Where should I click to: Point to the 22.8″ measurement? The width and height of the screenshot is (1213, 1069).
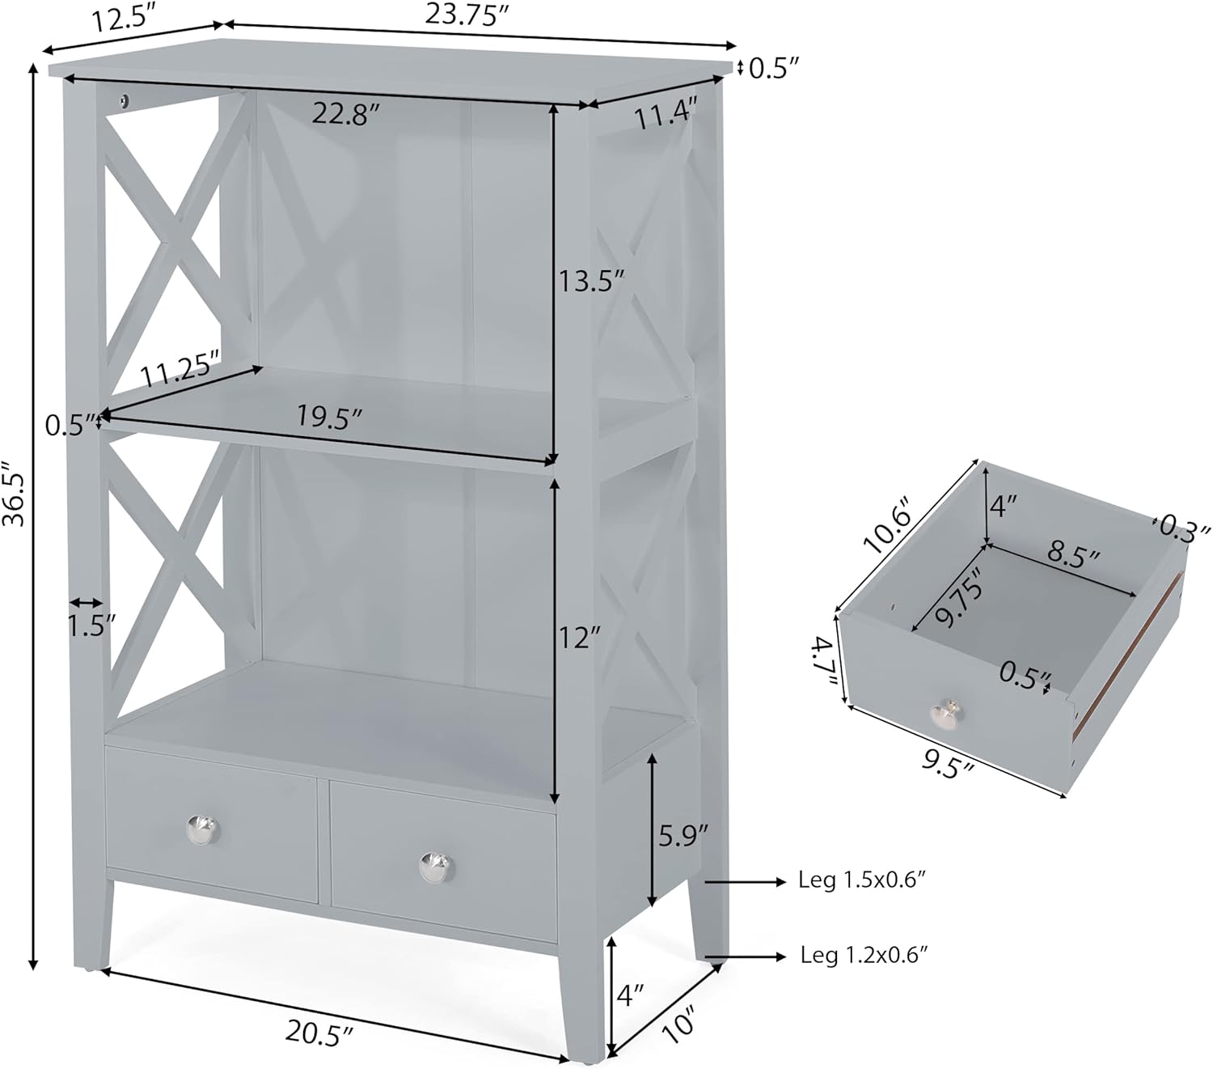pyautogui.click(x=346, y=114)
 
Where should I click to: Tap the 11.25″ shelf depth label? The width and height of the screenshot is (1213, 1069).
pyautogui.click(x=180, y=371)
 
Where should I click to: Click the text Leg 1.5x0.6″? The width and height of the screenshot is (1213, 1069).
pyautogui.click(x=861, y=881)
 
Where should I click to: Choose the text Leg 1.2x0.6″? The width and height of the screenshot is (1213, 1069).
pyautogui.click(x=863, y=956)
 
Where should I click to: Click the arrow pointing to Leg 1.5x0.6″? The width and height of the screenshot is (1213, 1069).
pyautogui.click(x=743, y=881)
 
